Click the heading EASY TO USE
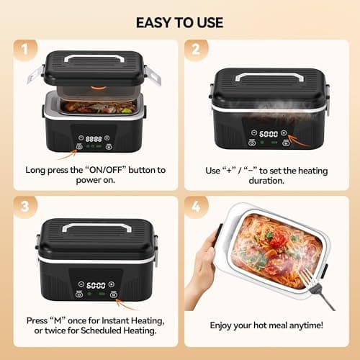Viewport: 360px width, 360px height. (x=179, y=21)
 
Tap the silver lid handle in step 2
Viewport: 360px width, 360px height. (x=268, y=74)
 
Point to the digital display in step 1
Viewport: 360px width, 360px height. (x=93, y=137)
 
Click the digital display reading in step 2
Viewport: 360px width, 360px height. (x=268, y=134)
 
